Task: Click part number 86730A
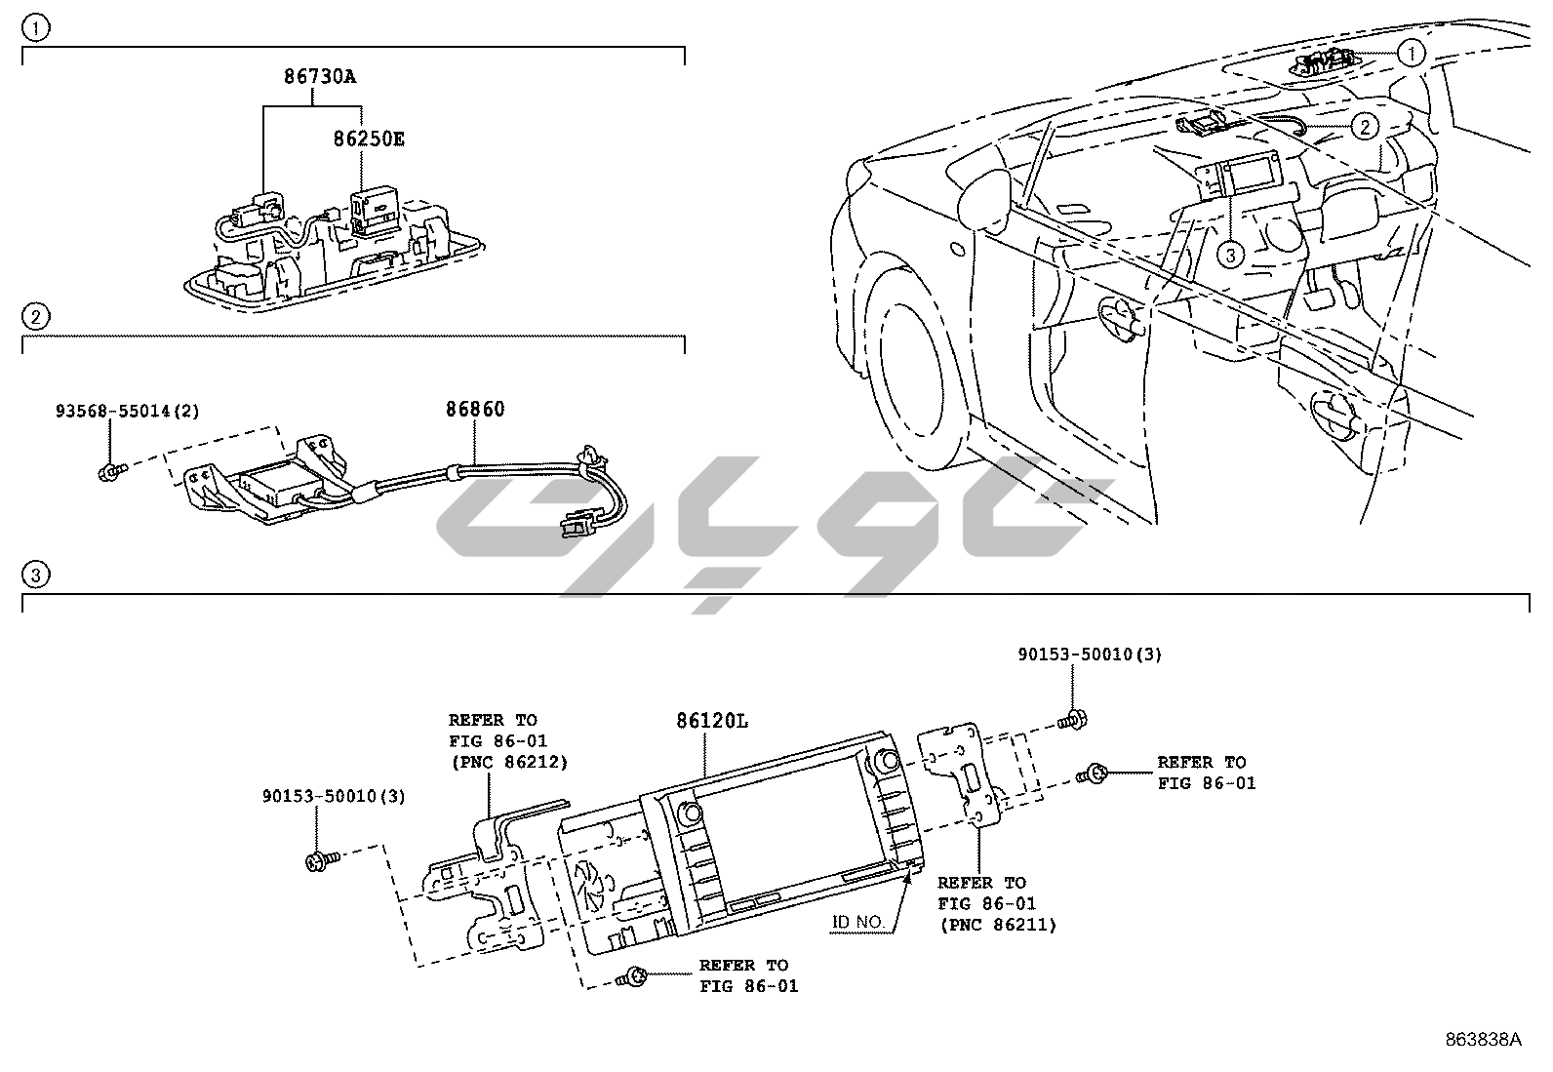tap(320, 75)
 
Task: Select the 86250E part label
tap(368, 139)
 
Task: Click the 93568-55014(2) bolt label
tap(127, 412)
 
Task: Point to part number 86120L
tap(712, 722)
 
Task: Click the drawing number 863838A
tap(1483, 1040)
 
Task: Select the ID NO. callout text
tap(858, 922)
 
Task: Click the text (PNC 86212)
tap(507, 762)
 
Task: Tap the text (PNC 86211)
tap(997, 925)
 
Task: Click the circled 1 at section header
tap(35, 28)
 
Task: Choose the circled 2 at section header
tap(35, 316)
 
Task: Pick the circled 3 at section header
tap(35, 575)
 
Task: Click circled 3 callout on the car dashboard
tap(1231, 255)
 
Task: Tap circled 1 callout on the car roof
tap(1412, 52)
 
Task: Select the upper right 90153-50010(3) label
tap(1090, 655)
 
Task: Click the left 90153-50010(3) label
tap(334, 796)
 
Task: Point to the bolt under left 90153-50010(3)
tap(319, 860)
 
